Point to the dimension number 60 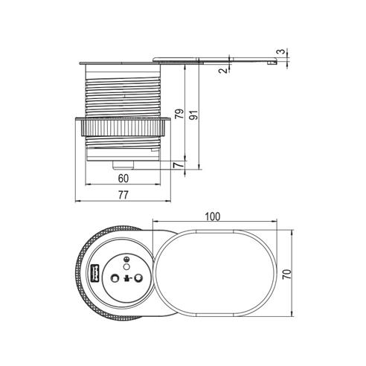pyautogui.click(x=123, y=179)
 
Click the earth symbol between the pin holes pyautogui.click(x=126, y=280)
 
